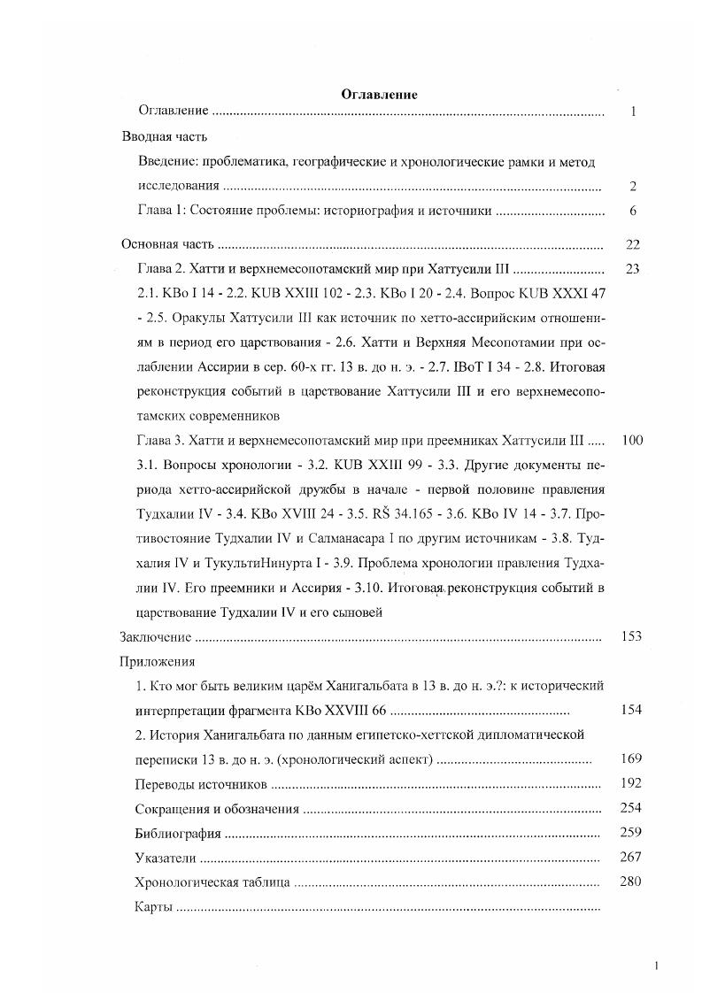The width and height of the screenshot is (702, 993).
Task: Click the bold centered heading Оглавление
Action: (x=379, y=95)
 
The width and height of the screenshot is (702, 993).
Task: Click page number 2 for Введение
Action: (x=633, y=187)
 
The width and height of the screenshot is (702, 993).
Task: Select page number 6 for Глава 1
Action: (x=633, y=212)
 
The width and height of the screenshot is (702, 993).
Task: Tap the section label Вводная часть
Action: (x=164, y=137)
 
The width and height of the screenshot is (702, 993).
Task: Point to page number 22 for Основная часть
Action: (x=632, y=245)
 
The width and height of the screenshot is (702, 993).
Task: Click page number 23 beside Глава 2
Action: (x=632, y=269)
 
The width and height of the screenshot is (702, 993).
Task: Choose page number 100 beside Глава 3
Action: (x=632, y=440)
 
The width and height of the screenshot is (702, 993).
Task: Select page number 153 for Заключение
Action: (x=631, y=636)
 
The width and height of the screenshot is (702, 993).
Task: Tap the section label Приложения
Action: (x=158, y=661)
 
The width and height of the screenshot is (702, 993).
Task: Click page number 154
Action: (x=631, y=710)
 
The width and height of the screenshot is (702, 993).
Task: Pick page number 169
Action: (x=631, y=758)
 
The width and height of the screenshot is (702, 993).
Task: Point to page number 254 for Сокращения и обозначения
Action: (x=631, y=807)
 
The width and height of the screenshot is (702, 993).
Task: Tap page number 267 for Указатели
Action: (x=631, y=857)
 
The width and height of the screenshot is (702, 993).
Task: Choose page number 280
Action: (x=631, y=881)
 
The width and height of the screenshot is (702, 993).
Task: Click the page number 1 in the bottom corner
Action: (x=656, y=966)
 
